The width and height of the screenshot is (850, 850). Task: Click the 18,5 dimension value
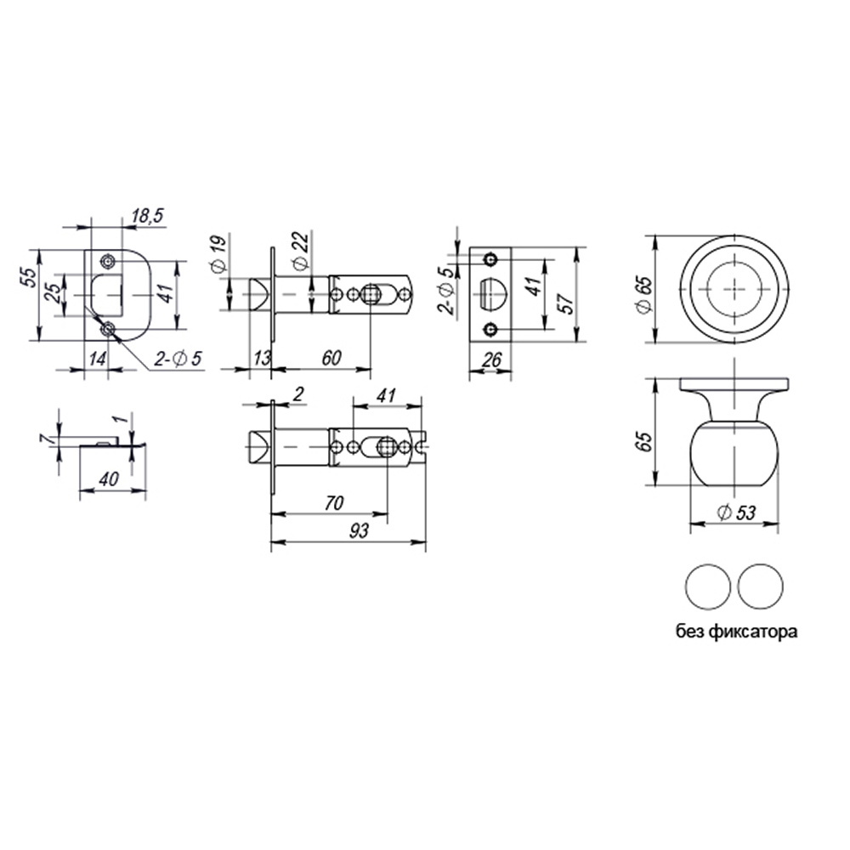[x=147, y=216]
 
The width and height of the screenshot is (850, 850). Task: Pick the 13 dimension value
[x=262, y=359]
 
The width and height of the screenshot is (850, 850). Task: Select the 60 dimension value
[x=331, y=358]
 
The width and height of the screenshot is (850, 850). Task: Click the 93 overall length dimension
[x=359, y=530]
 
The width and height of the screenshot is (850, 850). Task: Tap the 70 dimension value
[x=334, y=503]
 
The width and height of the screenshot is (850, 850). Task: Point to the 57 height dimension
[x=565, y=303]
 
